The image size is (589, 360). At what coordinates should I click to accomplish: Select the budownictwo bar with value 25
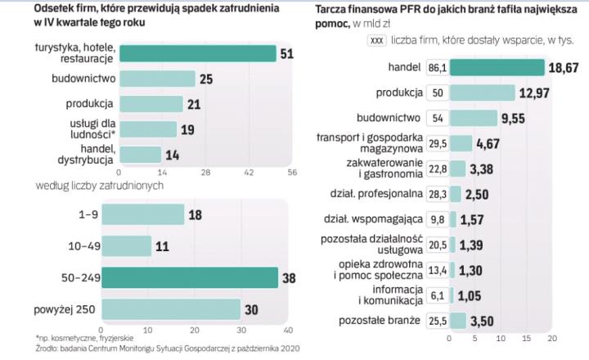click(157, 79)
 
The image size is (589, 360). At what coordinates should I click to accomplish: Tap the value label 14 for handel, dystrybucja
click(174, 154)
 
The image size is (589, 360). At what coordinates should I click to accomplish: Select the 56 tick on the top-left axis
click(292, 173)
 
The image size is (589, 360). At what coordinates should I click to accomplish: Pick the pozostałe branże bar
click(456, 319)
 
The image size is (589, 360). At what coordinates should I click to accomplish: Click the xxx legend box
click(377, 39)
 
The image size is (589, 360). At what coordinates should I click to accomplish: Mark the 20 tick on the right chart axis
click(551, 337)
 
